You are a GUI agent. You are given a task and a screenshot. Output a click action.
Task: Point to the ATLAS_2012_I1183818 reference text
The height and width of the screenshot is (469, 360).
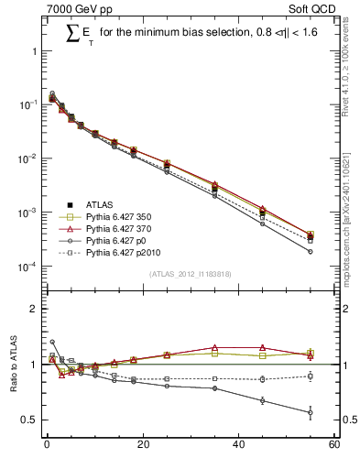tap(190, 274)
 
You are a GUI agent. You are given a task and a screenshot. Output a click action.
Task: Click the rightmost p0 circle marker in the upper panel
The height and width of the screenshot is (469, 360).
tap(311, 251)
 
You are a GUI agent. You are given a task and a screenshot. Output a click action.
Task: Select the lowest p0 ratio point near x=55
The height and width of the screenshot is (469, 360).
tap(311, 412)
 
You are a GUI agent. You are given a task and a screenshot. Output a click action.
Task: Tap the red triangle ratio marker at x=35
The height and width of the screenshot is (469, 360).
tap(214, 348)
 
